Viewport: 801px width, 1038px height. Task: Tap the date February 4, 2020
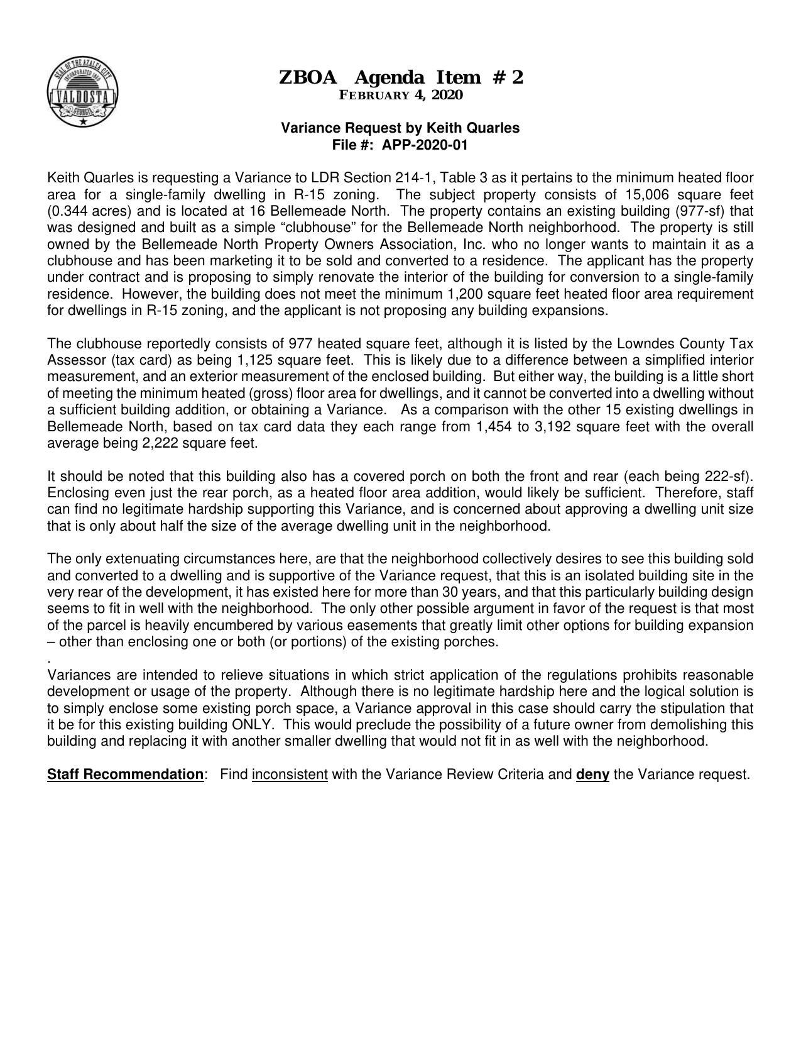(x=400, y=95)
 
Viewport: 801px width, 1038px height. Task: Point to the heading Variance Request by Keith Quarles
(x=400, y=128)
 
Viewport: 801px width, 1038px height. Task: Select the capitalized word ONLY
(x=251, y=724)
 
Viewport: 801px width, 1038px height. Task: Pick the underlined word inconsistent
(x=290, y=774)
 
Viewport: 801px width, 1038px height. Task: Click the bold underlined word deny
(x=592, y=774)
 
